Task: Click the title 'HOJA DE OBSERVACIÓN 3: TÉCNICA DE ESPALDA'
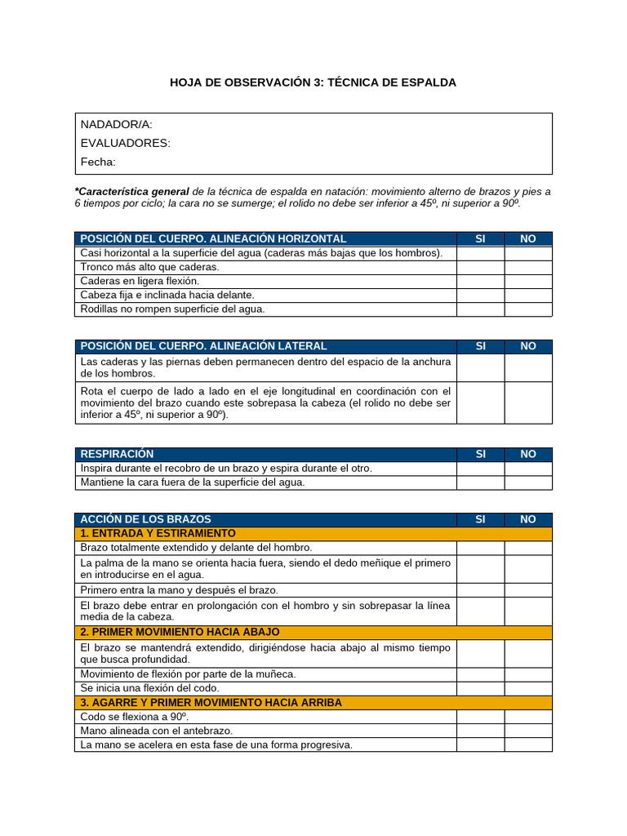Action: [x=313, y=82]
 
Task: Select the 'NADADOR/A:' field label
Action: [x=116, y=124]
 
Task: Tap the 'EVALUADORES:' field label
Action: [x=125, y=143]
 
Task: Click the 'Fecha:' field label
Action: [x=98, y=162]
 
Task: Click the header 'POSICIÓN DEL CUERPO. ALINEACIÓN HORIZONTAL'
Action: [x=213, y=238]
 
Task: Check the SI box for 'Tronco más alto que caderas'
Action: [x=480, y=267]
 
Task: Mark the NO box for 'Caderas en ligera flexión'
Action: [x=527, y=281]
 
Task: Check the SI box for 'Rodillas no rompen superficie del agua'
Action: [x=480, y=309]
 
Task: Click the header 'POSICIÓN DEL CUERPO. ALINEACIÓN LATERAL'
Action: [x=203, y=346]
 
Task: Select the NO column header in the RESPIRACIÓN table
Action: [x=527, y=454]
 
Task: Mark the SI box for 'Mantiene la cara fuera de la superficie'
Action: [x=480, y=482]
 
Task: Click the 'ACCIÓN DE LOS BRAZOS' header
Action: [x=145, y=519]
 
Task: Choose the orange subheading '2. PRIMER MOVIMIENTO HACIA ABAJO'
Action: [x=180, y=632]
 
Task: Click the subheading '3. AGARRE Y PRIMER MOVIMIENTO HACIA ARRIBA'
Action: [x=211, y=702]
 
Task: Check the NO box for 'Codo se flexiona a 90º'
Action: [x=527, y=716]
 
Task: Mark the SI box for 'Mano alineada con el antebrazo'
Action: [x=480, y=731]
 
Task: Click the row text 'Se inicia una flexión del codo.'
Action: [x=149, y=688]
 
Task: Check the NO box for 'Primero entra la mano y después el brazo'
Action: [x=527, y=589]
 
